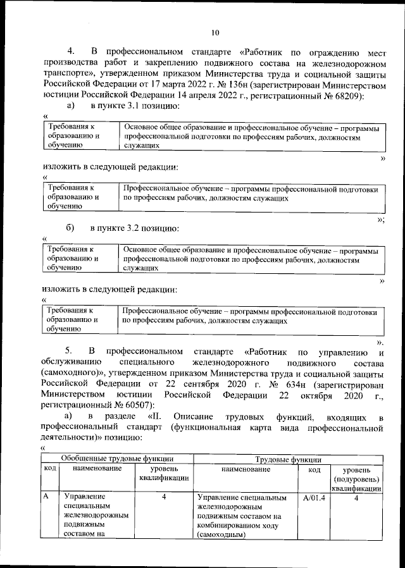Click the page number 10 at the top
tap(215, 33)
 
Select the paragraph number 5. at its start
tap(72, 351)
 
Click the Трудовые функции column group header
tap(287, 459)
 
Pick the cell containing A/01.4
tap(314, 498)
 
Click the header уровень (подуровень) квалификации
tap(358, 479)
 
